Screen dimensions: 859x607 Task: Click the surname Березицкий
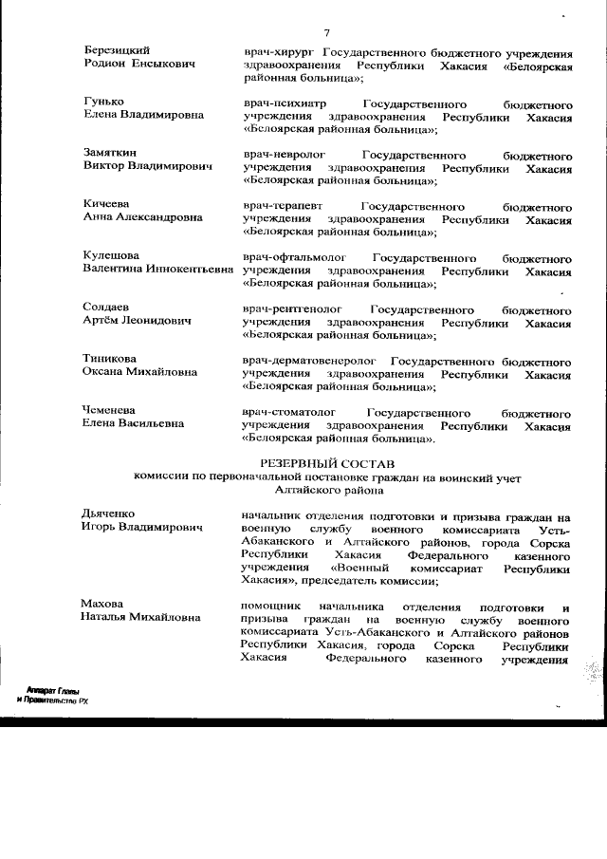coord(117,49)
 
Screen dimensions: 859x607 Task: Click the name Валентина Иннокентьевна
coord(157,271)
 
